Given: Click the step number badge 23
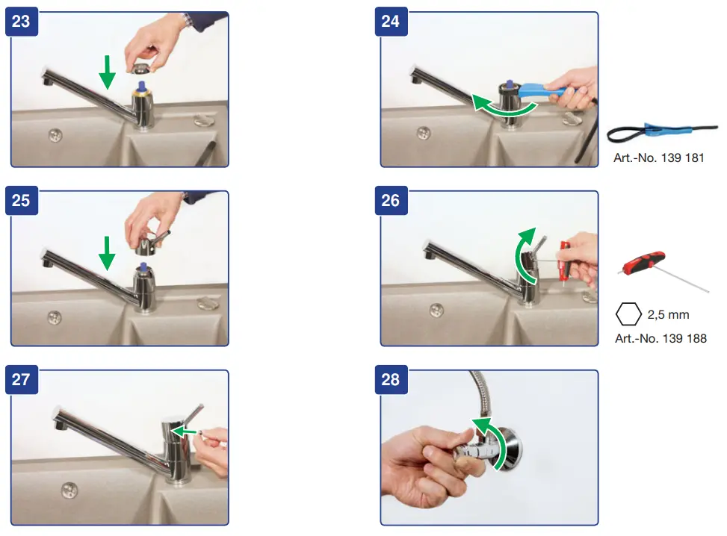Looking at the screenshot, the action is point(22,22).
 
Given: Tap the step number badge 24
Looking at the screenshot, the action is point(391,22).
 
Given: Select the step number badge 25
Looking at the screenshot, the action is point(22,201).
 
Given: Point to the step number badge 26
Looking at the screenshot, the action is point(391,201).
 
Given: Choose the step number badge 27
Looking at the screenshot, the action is point(22,380).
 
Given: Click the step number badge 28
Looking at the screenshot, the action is point(391,380).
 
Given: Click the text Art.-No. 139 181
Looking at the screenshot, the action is point(659,158).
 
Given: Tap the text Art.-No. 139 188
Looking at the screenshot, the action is point(661,339).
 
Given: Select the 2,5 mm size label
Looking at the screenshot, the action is point(668,314).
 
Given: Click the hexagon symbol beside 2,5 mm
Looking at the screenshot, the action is point(628,314).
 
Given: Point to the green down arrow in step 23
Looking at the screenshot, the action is point(107,72).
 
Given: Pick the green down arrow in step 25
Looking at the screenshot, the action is point(107,253).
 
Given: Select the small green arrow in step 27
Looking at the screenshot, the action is point(184,431).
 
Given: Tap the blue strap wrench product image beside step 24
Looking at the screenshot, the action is point(662,132).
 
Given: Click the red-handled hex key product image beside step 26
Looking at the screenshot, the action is point(663,270).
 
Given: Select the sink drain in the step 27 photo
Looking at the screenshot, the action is point(69,490).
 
